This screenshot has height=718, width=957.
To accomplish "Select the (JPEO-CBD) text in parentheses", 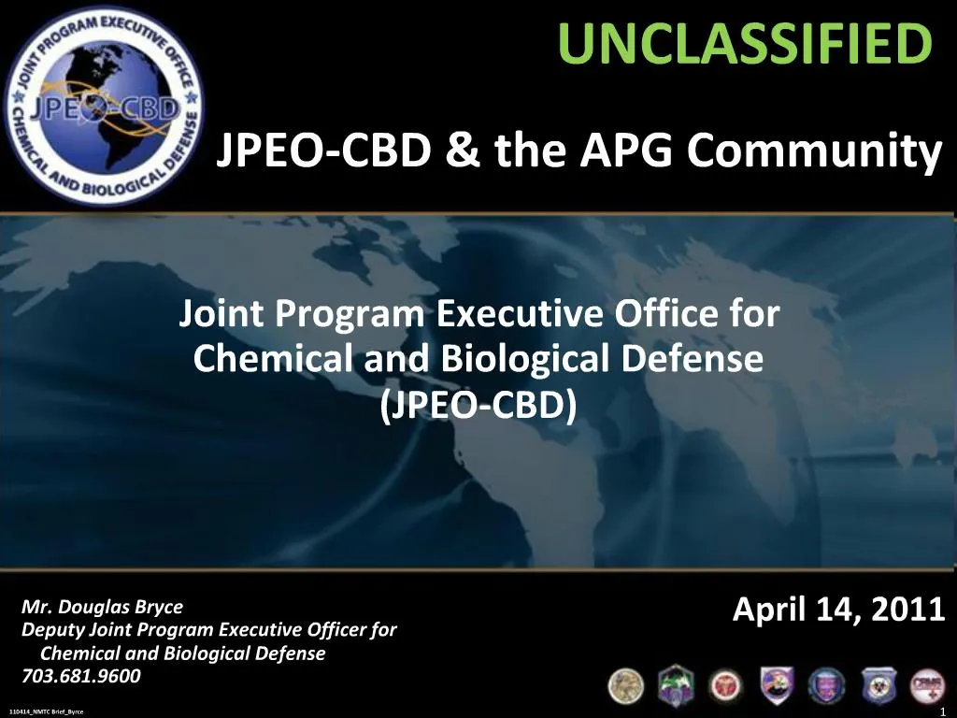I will pyautogui.click(x=478, y=404).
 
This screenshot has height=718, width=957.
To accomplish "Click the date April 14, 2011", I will pyautogui.click(x=838, y=610).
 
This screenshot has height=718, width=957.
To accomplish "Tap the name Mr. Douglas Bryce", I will pyautogui.click(x=103, y=607).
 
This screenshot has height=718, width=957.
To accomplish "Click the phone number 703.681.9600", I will pyautogui.click(x=81, y=677).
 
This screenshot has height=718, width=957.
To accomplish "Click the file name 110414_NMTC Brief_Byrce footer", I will pyautogui.click(x=46, y=711).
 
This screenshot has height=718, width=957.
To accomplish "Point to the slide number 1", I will pyautogui.click(x=945, y=710).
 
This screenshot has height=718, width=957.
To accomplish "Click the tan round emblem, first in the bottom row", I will pyautogui.click(x=626, y=685).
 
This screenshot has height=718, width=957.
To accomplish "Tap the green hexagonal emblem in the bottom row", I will pyautogui.click(x=675, y=685).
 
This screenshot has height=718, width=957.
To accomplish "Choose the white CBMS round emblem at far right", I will pyautogui.click(x=927, y=687).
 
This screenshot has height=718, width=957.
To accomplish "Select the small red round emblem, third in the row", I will pyautogui.click(x=725, y=685).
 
